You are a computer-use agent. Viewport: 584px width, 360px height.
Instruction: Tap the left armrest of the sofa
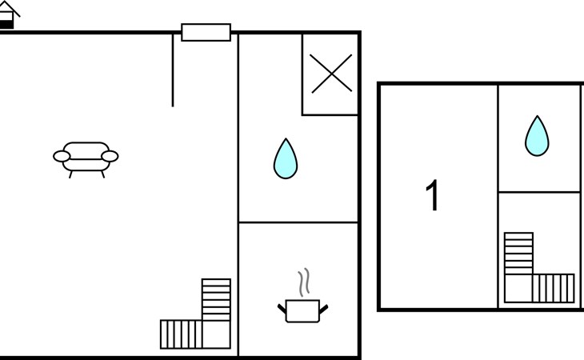point(62,156)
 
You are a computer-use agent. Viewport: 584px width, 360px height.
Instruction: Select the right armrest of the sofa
point(110,156)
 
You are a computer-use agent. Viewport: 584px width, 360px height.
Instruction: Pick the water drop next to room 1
point(537,136)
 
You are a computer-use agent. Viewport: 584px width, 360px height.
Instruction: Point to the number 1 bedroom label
point(432,195)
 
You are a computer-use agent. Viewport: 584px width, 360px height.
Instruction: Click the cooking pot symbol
point(302,310)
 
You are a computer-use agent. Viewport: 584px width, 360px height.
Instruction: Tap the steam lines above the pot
point(304,282)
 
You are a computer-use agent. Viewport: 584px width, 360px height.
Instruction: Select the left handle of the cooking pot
point(282,309)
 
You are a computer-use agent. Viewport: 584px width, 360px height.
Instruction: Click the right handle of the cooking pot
point(323,309)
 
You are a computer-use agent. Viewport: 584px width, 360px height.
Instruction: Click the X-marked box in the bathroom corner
point(330,74)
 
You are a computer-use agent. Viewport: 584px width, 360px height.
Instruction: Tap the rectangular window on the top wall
point(206,32)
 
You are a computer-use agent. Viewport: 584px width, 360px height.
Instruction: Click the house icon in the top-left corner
point(8,15)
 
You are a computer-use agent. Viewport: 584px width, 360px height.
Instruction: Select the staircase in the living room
point(195,314)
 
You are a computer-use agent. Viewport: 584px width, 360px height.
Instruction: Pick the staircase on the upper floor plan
point(539,268)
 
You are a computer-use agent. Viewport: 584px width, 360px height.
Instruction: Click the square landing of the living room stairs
point(216,334)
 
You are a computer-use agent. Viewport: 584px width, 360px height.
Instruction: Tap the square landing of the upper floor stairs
point(518,289)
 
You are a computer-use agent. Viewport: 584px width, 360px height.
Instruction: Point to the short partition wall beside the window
point(173,70)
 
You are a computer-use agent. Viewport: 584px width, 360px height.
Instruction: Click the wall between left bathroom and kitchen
point(298,222)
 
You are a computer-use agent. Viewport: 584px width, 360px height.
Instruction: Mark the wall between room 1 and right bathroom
point(498,197)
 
